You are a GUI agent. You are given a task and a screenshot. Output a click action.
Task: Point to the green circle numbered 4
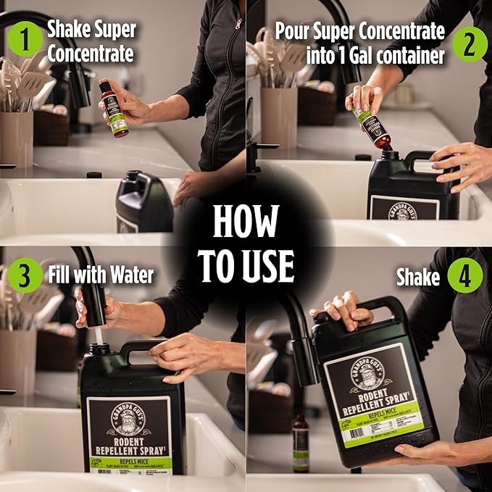point(464,275)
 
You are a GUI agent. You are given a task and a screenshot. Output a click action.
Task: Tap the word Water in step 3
point(134,275)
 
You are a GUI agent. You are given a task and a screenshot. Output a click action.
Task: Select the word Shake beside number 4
point(418,276)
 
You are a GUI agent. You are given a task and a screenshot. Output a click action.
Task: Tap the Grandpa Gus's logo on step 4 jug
point(371,374)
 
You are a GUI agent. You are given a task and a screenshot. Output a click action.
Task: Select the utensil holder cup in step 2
point(279,116)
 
